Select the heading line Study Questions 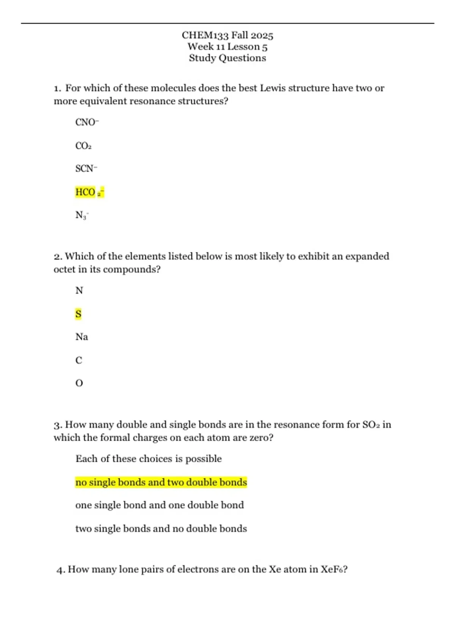[227, 58]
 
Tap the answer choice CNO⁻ [87, 122]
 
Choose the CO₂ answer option [83, 146]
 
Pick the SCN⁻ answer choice [86, 169]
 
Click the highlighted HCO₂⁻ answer [89, 192]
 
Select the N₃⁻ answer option [82, 215]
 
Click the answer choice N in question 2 [79, 291]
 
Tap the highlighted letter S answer [78, 314]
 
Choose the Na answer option [82, 337]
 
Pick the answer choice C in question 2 [79, 360]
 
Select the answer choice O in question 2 [79, 383]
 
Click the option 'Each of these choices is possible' [148, 459]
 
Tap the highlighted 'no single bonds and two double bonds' [161, 482]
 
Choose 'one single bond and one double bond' [159, 505]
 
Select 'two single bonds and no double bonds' [161, 528]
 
